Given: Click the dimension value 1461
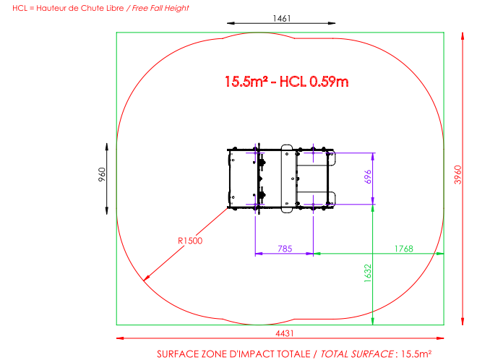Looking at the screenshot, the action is pyautogui.click(x=282, y=18).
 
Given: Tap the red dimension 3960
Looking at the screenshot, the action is pyautogui.click(x=457, y=175).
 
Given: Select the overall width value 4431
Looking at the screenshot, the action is pyautogui.click(x=285, y=333).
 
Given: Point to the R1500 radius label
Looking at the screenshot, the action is pyautogui.click(x=190, y=241).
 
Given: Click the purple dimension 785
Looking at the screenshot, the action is pyautogui.click(x=285, y=249).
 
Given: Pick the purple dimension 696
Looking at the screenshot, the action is pyautogui.click(x=368, y=177).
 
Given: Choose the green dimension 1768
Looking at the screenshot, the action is pyautogui.click(x=404, y=249).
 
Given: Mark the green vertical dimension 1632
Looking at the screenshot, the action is pyautogui.click(x=368, y=273).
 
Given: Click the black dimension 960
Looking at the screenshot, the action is pyautogui.click(x=102, y=174).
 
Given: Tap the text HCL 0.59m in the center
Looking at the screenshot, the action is pyautogui.click(x=314, y=82).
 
